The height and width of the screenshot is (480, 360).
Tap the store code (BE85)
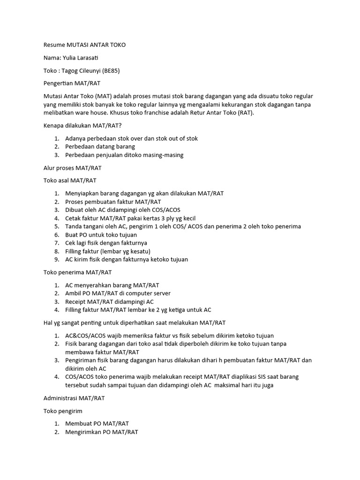pyautogui.click(x=114, y=70)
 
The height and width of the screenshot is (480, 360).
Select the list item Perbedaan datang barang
pyautogui.click(x=100, y=146)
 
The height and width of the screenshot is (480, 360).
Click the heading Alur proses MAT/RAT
pyautogui.click(x=72, y=167)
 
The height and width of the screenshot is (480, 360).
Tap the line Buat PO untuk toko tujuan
pyautogui.click(x=101, y=234)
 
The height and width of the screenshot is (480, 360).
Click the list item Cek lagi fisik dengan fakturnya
pyautogui.click(x=106, y=243)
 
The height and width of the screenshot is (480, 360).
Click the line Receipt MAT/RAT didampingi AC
pyautogui.click(x=109, y=302)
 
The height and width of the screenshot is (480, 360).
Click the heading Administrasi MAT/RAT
pyautogui.click(x=74, y=398)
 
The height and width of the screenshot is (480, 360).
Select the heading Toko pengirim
pyautogui.click(x=63, y=411)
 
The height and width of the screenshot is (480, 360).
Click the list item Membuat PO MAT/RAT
pyautogui.click(x=97, y=423)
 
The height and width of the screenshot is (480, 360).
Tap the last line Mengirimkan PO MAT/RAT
pyautogui.click(x=102, y=432)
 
